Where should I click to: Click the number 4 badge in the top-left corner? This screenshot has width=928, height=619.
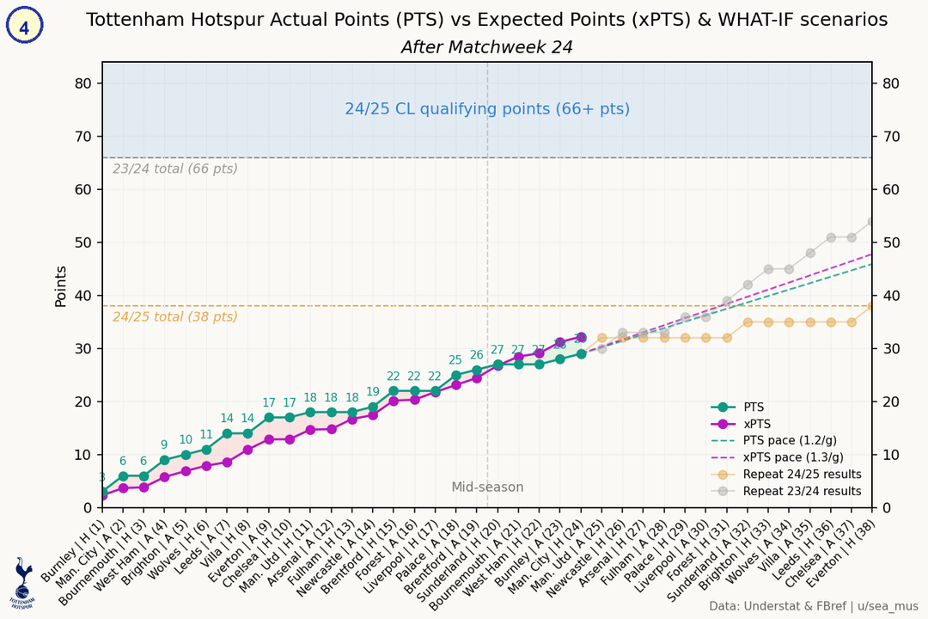24,26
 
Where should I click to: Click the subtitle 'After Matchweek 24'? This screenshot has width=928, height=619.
486,47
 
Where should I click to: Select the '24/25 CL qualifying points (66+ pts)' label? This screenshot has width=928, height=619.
486,109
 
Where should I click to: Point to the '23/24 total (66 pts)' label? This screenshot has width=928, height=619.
175,169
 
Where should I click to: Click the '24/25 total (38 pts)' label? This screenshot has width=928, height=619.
175,316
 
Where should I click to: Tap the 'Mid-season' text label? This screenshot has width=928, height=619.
487,487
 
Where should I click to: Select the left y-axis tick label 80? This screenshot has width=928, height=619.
83,83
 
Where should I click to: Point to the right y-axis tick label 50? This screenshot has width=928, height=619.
891,242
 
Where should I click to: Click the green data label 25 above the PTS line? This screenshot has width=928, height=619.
455,360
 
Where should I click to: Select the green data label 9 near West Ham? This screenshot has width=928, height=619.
164,444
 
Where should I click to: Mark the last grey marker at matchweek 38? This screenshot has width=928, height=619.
872,221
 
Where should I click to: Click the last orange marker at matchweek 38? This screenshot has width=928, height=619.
872,306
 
